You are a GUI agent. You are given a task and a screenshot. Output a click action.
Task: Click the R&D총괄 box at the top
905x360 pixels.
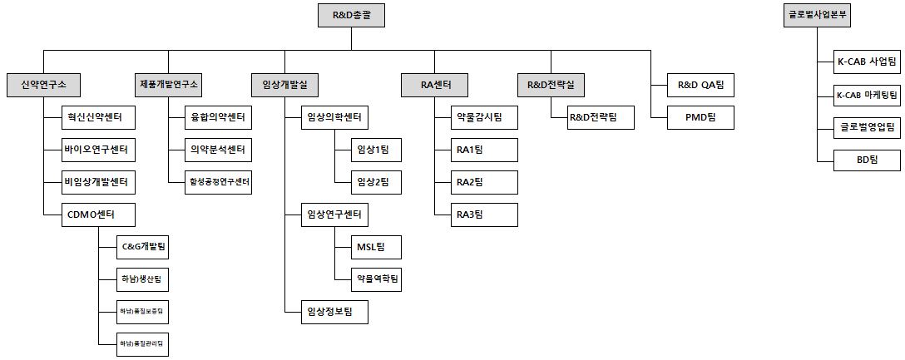click(352, 15)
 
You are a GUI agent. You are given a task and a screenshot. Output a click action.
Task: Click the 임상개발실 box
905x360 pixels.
click(284, 84)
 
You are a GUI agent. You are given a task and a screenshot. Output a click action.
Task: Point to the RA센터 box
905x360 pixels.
click(433, 84)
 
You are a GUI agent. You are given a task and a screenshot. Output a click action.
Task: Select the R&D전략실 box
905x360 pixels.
click(551, 84)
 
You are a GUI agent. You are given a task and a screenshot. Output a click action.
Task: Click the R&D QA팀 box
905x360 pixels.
click(701, 84)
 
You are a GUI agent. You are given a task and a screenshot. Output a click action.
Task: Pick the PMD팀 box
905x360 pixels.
click(701, 117)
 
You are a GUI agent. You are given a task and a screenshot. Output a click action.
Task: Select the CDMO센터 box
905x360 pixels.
click(98, 215)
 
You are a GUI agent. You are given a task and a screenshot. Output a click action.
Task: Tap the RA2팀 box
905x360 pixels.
click(483, 182)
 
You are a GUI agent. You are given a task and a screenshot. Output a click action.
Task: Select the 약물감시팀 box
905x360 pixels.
click(483, 117)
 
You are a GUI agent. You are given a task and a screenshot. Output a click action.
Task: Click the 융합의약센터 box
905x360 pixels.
click(218, 117)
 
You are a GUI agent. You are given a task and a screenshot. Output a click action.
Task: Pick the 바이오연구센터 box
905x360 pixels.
click(98, 150)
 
